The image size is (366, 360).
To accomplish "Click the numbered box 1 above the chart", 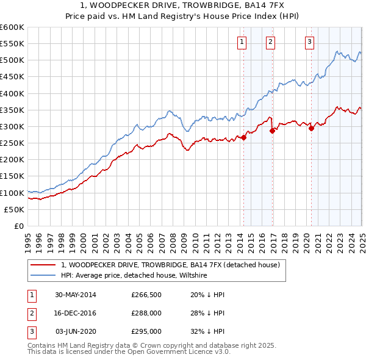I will click(x=243, y=42).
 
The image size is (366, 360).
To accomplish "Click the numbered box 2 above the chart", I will click(x=270, y=42).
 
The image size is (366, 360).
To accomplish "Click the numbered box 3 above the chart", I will click(x=309, y=42).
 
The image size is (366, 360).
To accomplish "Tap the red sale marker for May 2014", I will click(x=243, y=137).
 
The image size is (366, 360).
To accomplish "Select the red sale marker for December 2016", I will click(x=272, y=131).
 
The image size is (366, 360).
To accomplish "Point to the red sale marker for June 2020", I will click(x=311, y=128).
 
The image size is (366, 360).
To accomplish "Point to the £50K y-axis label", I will click(x=15, y=209).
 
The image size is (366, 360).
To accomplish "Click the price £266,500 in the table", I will click(x=146, y=294).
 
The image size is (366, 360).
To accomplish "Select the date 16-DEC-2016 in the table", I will click(x=76, y=313).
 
